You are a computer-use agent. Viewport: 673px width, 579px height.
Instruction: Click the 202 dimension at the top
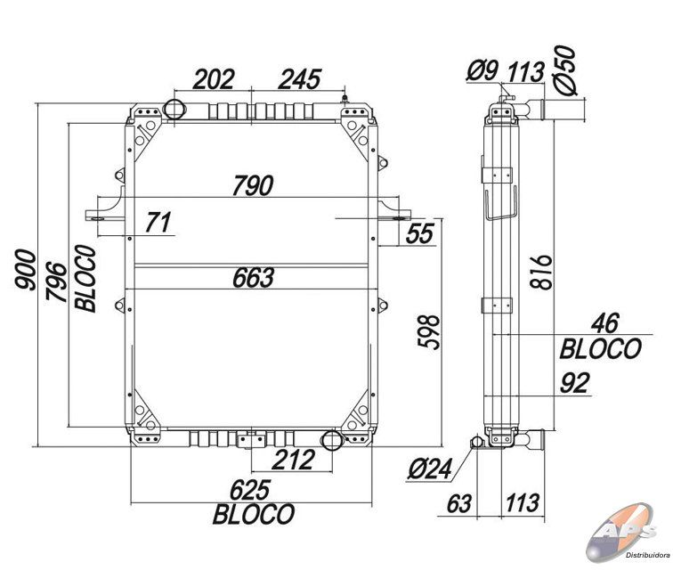tap(214, 79)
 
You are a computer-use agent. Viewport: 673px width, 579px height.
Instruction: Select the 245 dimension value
tap(299, 79)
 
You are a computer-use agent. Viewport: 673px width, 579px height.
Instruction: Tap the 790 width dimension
tap(253, 185)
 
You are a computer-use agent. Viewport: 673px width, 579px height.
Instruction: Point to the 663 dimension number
tap(253, 278)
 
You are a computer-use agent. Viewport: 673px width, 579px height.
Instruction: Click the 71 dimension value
tap(158, 222)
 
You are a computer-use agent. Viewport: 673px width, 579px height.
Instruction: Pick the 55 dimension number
tap(420, 233)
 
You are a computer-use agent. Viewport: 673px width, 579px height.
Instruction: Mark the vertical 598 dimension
tap(429, 332)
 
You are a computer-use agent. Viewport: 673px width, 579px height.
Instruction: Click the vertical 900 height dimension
tap(25, 270)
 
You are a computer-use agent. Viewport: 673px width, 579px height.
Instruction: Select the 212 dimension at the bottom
tap(293, 460)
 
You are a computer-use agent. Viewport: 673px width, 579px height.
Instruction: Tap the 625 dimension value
tap(250, 490)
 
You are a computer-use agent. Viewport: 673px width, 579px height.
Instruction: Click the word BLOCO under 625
tap(254, 514)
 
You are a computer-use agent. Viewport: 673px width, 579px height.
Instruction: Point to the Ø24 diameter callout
tap(430, 469)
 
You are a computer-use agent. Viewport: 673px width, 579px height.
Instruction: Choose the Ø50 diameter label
tap(564, 69)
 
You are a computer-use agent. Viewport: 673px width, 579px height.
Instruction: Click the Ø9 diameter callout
tap(482, 70)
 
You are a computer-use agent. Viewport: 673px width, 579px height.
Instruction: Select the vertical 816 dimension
tap(540, 273)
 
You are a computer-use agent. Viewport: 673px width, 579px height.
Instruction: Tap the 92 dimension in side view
tap(575, 383)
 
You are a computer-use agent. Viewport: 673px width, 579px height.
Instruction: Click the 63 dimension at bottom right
tap(459, 503)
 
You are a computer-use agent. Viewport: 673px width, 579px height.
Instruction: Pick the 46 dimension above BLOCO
tap(605, 323)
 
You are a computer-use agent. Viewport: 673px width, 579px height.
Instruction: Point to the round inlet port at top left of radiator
tap(174, 109)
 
